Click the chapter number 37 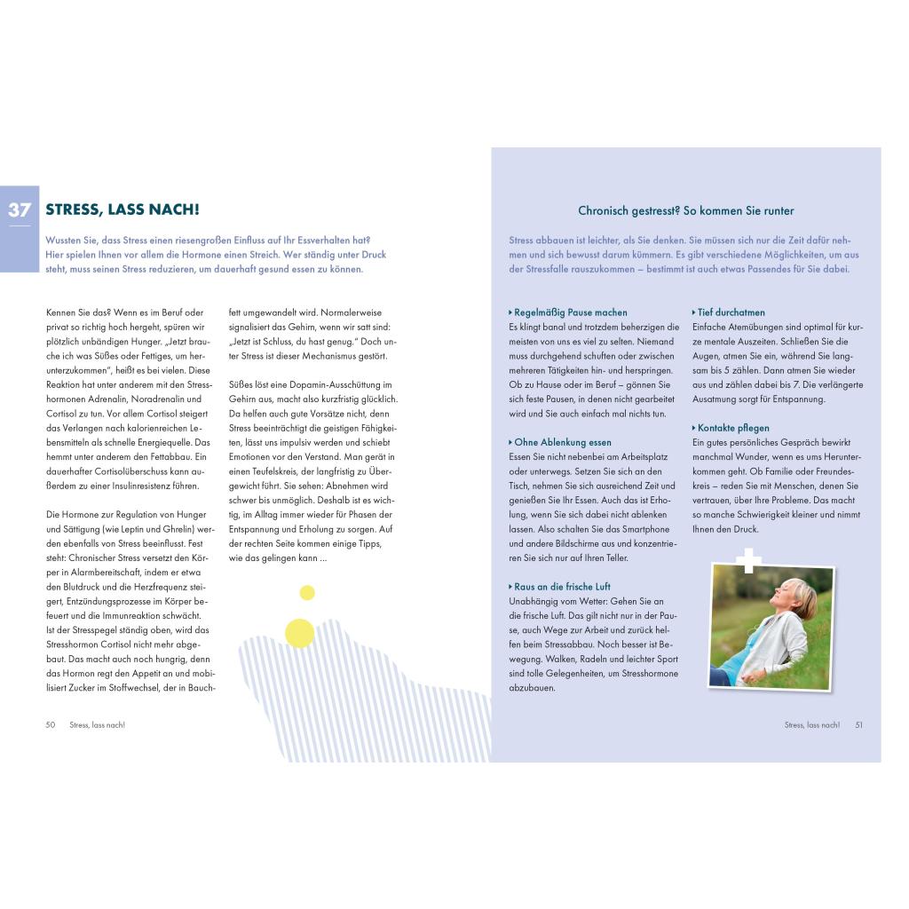pos(20,210)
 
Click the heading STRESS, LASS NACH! pos(123,210)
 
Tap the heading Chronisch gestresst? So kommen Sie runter pos(685,210)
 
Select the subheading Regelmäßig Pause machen pos(570,312)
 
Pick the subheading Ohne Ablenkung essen pos(562,442)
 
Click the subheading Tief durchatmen pos(730,312)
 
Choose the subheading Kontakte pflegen pos(732,428)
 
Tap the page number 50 pos(51,724)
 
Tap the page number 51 pos(858,724)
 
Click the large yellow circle pos(300,632)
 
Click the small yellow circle pos(307,593)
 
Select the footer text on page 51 pos(811,724)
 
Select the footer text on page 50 pos(98,724)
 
